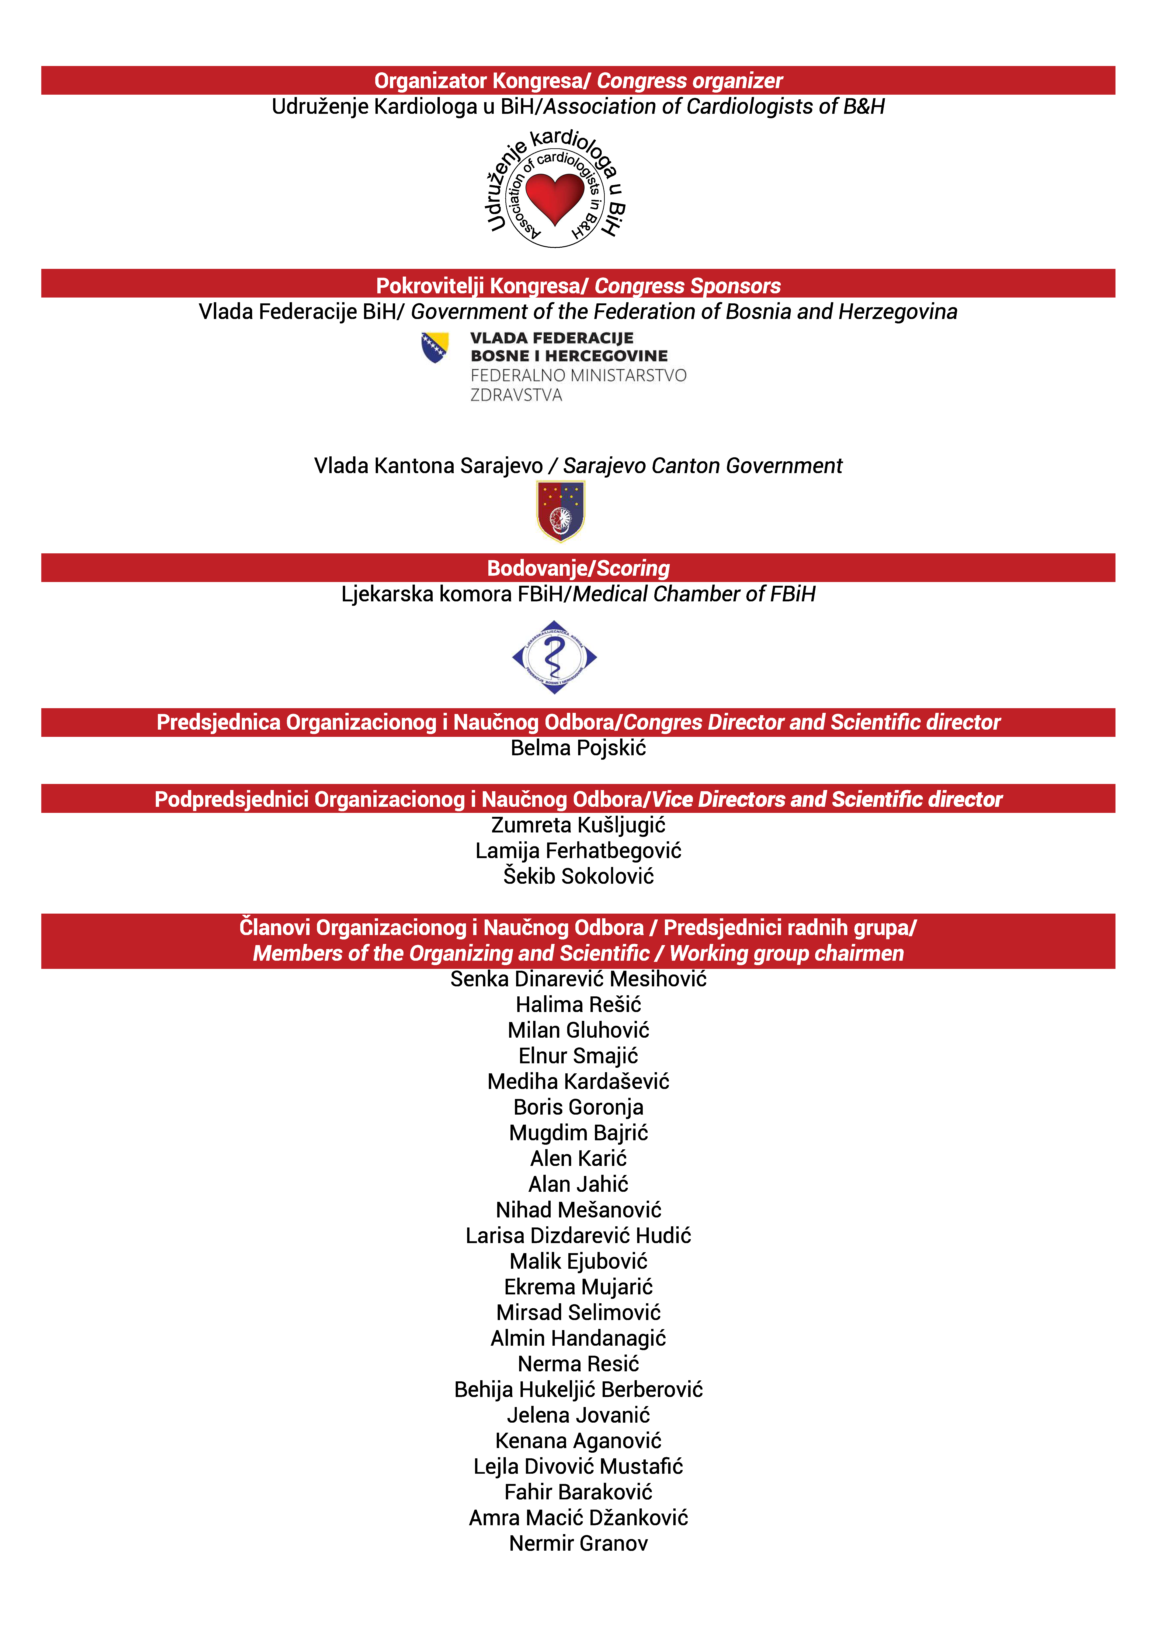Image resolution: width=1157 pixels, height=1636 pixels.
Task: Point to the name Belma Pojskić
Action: point(578,748)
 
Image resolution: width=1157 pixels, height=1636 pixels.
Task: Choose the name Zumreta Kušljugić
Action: point(578,825)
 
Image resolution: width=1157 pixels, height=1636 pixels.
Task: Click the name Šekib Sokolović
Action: point(578,877)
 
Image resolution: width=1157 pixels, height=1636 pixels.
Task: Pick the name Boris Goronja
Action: point(578,1107)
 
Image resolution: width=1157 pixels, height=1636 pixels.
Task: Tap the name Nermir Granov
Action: point(578,1543)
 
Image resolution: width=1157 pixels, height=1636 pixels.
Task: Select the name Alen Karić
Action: point(578,1159)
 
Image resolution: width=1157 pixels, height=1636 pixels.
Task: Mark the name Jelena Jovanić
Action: point(578,1415)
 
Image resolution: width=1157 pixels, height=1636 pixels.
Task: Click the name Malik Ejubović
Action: point(578,1261)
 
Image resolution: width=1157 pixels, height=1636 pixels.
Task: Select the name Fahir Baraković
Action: point(578,1492)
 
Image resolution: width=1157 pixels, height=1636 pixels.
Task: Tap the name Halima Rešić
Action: point(578,1005)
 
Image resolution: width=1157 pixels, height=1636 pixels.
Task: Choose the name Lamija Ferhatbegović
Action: point(578,851)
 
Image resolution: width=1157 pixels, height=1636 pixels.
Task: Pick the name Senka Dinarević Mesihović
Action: point(578,979)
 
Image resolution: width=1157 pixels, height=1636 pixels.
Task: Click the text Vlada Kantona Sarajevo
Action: point(428,466)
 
